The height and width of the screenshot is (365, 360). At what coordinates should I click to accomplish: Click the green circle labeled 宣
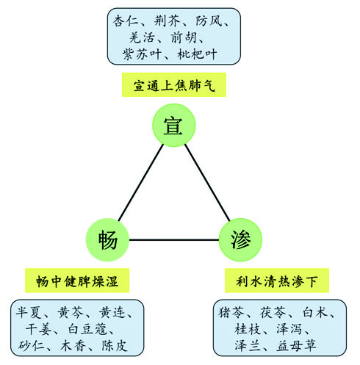(x=174, y=125)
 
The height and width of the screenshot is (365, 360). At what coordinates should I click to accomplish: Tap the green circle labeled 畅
(x=107, y=239)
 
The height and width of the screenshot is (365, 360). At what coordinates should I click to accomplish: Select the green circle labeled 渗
(x=240, y=239)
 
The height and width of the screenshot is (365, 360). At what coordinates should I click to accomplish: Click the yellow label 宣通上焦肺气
(x=174, y=84)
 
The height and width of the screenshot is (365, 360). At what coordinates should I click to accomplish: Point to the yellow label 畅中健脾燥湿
(x=77, y=281)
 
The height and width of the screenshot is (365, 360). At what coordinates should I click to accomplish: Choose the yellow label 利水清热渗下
(x=277, y=281)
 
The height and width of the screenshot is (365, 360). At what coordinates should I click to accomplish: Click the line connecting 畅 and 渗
(x=174, y=239)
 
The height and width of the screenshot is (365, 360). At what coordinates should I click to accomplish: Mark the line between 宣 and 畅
(x=141, y=182)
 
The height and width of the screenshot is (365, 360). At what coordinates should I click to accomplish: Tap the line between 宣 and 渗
(x=207, y=182)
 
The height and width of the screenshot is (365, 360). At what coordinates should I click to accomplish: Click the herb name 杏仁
(x=126, y=21)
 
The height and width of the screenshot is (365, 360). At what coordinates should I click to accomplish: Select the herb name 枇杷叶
(x=197, y=54)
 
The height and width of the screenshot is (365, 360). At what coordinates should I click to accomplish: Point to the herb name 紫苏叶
(x=142, y=54)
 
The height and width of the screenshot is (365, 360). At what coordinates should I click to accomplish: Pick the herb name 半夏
(x=29, y=312)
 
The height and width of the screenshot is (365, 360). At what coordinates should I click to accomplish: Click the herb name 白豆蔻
(x=87, y=329)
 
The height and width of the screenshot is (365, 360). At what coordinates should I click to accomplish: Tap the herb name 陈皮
(x=115, y=345)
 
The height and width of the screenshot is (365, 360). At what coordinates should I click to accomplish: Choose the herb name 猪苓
(x=231, y=312)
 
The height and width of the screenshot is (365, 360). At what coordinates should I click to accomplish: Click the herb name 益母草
(x=296, y=345)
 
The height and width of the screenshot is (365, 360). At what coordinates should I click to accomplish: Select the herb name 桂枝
(x=248, y=329)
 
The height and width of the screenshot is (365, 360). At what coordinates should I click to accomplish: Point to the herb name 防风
(x=209, y=21)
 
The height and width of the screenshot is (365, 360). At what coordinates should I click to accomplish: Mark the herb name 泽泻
(x=289, y=329)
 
